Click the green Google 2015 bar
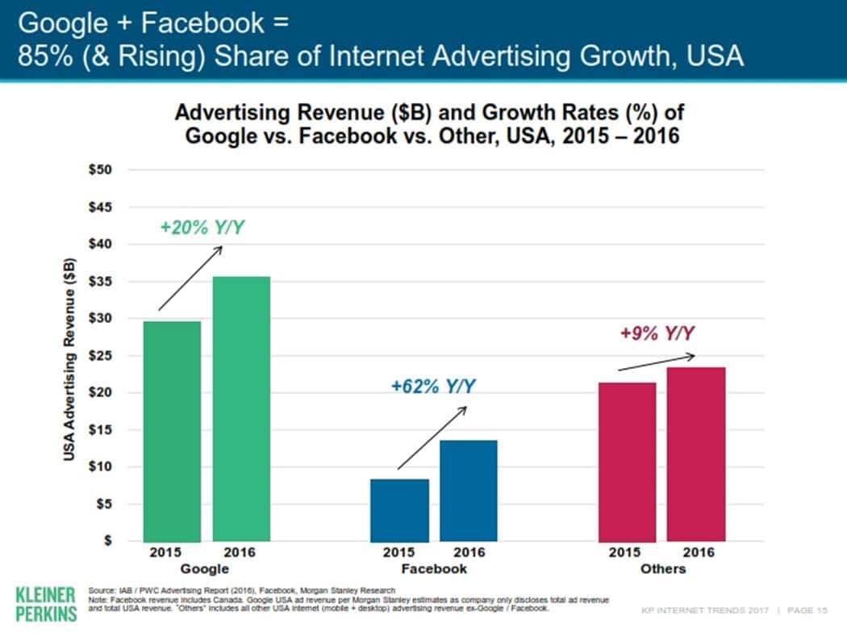pyautogui.click(x=172, y=431)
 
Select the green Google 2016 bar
pyautogui.click(x=241, y=408)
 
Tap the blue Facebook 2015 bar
pyautogui.click(x=399, y=510)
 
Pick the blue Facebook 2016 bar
pyautogui.click(x=469, y=490)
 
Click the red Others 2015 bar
pyautogui.click(x=627, y=462)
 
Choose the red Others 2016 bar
pyautogui.click(x=696, y=454)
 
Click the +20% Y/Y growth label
pyautogui.click(x=202, y=228)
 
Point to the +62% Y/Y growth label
pyautogui.click(x=432, y=387)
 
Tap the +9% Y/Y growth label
pyautogui.click(x=657, y=333)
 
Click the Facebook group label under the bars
pyautogui.click(x=434, y=569)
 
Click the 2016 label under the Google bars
pyautogui.click(x=240, y=553)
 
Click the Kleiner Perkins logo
pyautogui.click(x=45, y=604)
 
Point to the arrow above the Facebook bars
pyautogui.click(x=432, y=437)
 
